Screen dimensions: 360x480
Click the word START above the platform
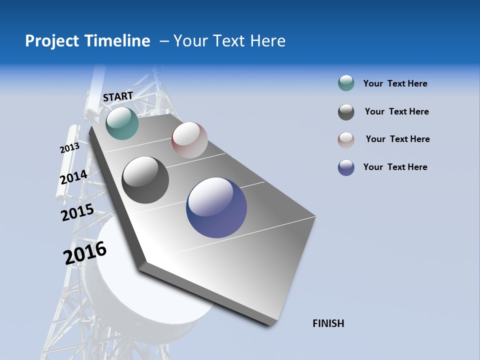tap(118, 96)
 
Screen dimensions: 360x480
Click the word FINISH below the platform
tap(328, 323)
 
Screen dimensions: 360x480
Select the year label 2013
tap(69, 148)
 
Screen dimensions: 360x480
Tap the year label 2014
tap(73, 177)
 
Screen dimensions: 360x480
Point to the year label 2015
tap(77, 212)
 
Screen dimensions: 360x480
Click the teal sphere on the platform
tap(122, 123)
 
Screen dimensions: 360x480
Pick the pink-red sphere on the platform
tap(189, 140)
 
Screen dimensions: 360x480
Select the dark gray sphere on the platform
tap(145, 180)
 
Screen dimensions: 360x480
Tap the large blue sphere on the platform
tap(216, 207)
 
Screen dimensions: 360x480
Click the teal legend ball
tap(346, 83)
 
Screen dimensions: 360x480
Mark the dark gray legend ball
tap(346, 112)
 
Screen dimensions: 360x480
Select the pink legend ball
tap(346, 139)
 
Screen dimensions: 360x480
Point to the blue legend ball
tap(346, 167)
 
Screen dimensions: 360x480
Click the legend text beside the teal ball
tap(395, 83)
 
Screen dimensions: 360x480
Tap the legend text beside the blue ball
tap(395, 167)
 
